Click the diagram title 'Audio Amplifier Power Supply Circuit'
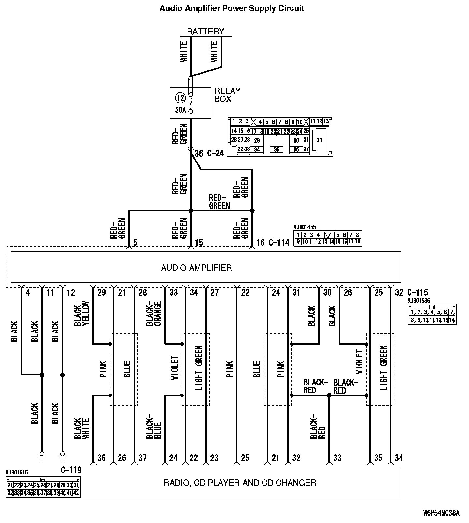[232, 8]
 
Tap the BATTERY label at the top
[206, 31]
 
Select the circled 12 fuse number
[180, 97]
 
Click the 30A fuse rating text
[180, 110]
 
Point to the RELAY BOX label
[227, 95]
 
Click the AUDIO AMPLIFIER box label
[196, 268]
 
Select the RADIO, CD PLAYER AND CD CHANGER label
[240, 482]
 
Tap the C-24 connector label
[215, 153]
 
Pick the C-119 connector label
[71, 470]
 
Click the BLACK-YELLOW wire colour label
[81, 314]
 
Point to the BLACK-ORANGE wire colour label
[153, 314]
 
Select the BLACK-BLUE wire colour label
[153, 427]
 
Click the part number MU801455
[305, 227]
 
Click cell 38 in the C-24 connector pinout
[319, 140]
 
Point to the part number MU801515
[17, 472]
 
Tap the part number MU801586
[419, 300]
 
